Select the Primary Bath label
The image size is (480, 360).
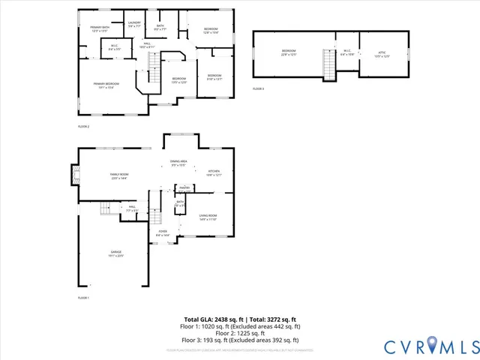coord(100,29)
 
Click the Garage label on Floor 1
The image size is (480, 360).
coord(117,253)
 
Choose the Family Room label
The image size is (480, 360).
coord(119,175)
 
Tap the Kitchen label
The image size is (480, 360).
coord(214,172)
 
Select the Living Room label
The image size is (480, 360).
coord(208,217)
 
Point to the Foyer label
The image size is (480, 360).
coord(163,233)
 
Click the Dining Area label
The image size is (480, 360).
coord(178,163)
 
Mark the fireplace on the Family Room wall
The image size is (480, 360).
coord(74,175)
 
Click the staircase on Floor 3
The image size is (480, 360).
coord(327,64)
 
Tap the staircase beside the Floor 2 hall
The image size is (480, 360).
coord(153,75)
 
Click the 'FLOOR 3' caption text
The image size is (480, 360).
coord(258,89)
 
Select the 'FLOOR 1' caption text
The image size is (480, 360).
coord(83,298)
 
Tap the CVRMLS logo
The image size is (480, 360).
coord(430,346)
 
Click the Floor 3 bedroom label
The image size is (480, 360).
coord(289,53)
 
